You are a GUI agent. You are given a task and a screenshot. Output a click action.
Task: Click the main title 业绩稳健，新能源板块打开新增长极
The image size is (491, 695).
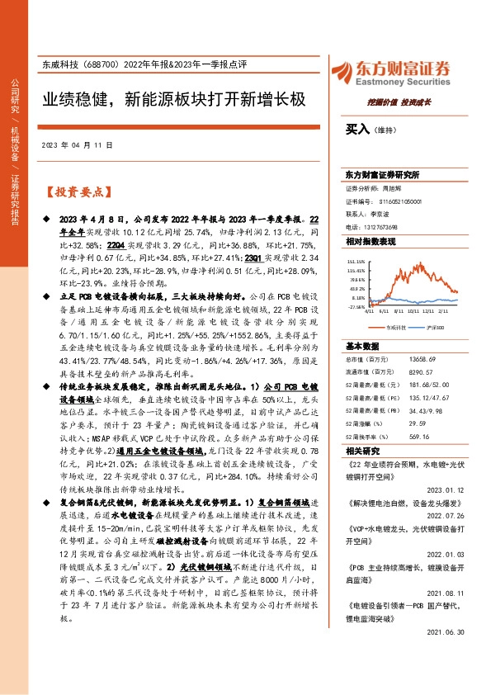coord(173,101)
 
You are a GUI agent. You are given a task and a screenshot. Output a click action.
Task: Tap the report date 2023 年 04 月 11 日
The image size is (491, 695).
coord(76,145)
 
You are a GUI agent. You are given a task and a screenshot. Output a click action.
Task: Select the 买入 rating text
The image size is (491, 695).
coord(357,130)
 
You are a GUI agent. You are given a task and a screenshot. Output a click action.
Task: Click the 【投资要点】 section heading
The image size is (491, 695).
coord(77,192)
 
